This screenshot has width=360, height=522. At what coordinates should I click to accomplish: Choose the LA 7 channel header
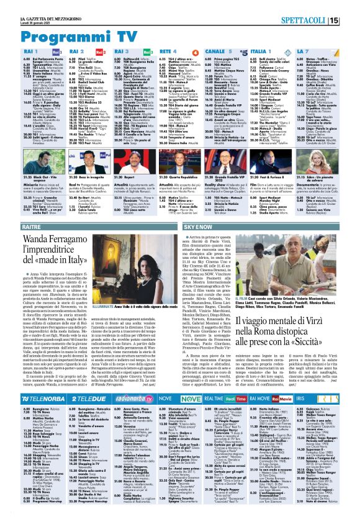(x=305, y=51)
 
